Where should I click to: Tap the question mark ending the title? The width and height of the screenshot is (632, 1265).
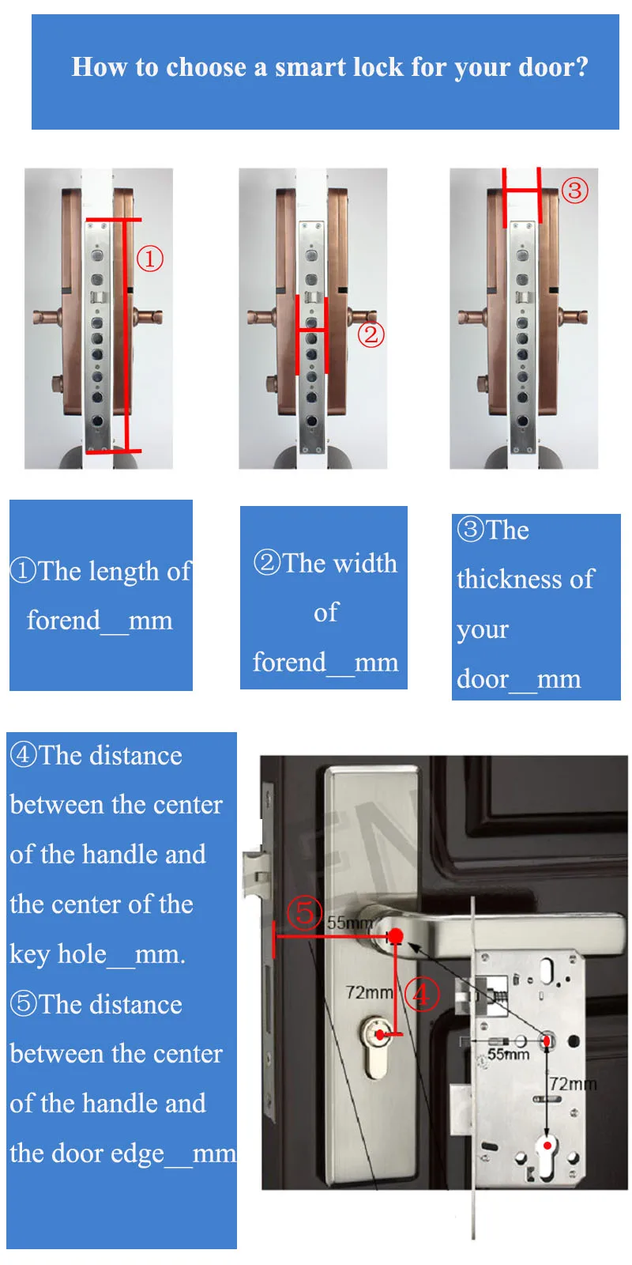click(581, 66)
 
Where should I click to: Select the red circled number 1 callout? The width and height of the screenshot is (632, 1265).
click(150, 259)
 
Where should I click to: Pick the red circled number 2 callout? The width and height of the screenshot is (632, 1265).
click(371, 334)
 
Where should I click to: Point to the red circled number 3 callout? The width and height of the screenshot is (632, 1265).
click(574, 191)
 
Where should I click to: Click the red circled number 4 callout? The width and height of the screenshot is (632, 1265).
click(422, 995)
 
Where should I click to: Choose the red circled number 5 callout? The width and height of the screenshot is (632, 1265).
click(305, 912)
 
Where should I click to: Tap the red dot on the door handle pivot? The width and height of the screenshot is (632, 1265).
click(396, 936)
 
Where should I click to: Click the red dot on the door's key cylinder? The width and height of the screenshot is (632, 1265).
click(380, 1035)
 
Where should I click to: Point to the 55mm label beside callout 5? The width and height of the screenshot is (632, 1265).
click(350, 923)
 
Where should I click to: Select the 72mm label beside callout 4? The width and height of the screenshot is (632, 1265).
click(369, 991)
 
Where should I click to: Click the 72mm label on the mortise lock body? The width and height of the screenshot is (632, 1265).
click(573, 1084)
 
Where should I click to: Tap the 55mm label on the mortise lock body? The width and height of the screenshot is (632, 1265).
click(509, 1054)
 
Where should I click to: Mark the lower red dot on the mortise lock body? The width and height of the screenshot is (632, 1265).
click(547, 1146)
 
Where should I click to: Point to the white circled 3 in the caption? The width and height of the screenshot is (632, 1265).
click(471, 529)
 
